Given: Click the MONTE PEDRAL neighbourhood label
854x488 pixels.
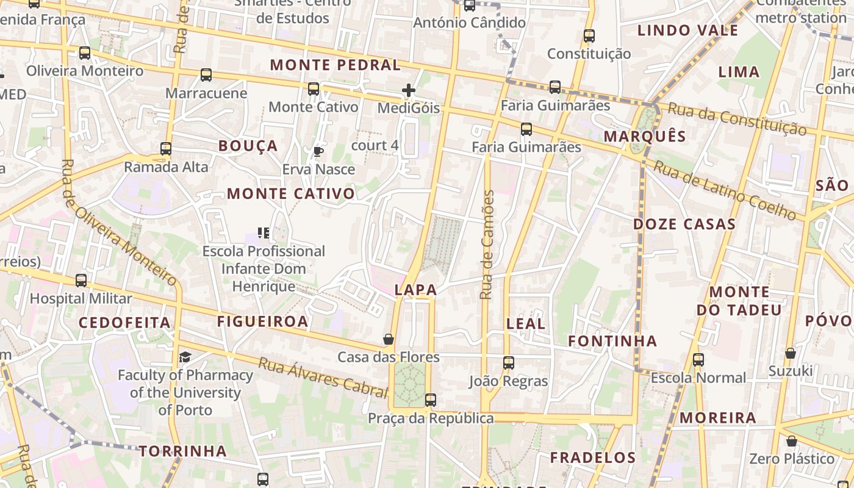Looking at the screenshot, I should point(335,65).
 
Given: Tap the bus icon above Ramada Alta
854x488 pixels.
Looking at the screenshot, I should point(165,148).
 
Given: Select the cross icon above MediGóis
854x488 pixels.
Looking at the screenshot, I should point(408,90).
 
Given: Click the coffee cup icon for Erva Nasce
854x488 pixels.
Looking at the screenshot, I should point(318,151).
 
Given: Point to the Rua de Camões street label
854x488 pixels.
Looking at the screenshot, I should point(486,245).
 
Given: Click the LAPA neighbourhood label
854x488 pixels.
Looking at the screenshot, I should point(415,290).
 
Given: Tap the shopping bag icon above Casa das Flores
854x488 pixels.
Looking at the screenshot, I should point(389,339).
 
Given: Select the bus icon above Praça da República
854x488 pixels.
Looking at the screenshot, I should point(430,400).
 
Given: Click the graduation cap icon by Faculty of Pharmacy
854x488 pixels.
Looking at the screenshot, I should point(185,357).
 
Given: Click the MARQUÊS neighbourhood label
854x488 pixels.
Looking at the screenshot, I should point(645,136).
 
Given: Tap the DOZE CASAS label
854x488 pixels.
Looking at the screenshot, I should point(684,224).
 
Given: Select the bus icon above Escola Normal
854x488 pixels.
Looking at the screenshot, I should point(698,360).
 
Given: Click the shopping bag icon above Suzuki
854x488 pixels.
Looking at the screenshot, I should point(790,353).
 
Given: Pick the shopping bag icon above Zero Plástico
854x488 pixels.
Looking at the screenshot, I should point(791,440).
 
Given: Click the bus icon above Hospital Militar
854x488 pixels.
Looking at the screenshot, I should point(81,281).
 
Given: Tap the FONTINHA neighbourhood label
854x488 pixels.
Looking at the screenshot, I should point(612,341).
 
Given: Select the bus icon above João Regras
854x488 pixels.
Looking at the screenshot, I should point(508,363).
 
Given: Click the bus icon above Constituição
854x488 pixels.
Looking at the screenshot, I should point(589,35).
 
